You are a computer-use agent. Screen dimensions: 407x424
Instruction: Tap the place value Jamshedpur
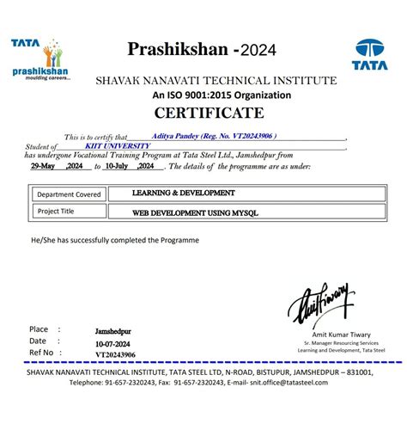point(114,329)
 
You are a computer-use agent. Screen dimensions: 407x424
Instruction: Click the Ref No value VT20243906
point(113,353)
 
